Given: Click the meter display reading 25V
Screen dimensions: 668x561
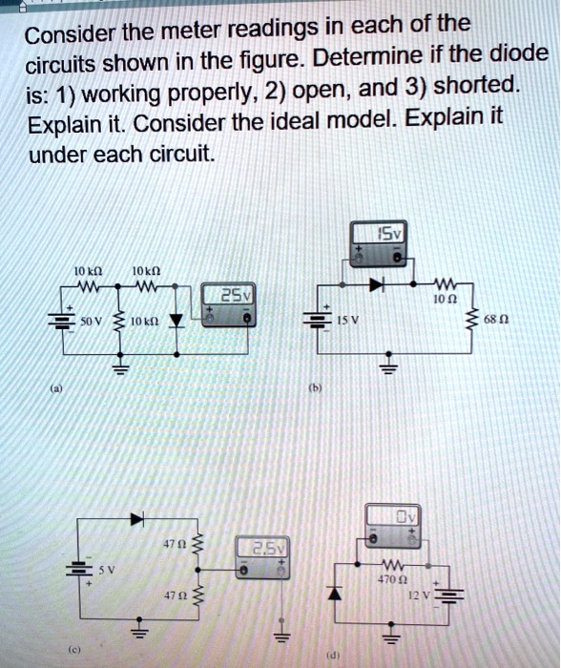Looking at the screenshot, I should (232, 294).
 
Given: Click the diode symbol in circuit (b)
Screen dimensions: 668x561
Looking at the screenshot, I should (377, 285).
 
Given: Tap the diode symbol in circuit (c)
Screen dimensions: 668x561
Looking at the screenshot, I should (136, 518).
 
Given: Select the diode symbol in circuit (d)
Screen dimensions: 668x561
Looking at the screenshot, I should (333, 595).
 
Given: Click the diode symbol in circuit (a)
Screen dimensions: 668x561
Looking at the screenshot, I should (174, 321).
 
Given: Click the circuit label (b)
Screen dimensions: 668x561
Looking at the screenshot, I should (311, 389).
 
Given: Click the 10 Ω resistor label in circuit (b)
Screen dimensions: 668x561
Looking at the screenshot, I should (440, 299).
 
